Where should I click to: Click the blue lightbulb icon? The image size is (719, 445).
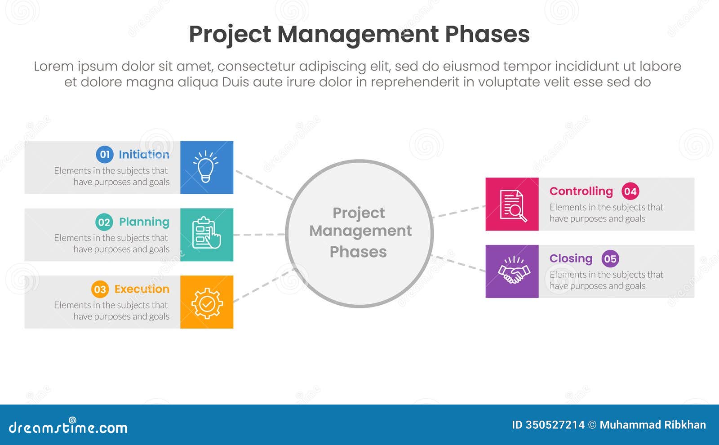[206, 167]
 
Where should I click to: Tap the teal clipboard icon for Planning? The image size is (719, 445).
[206, 234]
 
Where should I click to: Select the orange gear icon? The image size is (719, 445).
[206, 302]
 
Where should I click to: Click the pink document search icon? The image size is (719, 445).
[512, 205]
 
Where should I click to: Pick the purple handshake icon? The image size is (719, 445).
[512, 271]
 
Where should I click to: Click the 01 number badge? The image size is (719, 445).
[105, 155]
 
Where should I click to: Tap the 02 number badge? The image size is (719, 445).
[104, 222]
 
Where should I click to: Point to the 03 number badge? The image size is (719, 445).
[100, 289]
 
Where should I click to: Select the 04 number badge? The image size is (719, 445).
[630, 191]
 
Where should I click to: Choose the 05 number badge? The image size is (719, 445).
[610, 259]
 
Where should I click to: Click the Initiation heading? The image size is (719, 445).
[144, 155]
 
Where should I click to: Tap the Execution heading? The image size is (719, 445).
[142, 289]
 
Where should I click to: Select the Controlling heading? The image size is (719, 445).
[581, 191]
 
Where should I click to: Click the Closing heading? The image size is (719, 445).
[571, 259]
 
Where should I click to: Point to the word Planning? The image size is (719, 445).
[144, 222]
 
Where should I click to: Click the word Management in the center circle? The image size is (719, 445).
[360, 231]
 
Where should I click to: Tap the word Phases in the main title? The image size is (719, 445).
[487, 34]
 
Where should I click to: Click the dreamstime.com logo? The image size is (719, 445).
[68, 427]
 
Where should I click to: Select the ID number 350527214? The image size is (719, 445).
[555, 425]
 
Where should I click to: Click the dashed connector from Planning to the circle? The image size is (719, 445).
[259, 234]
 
